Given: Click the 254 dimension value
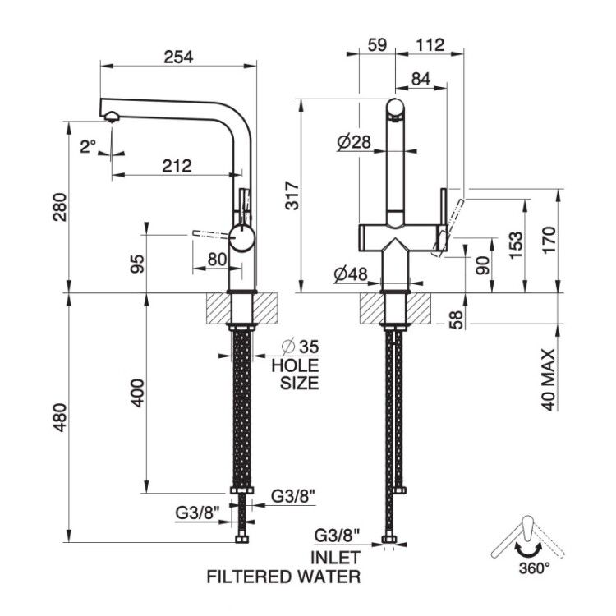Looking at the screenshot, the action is point(178,57).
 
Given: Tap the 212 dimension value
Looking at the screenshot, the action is point(177,166).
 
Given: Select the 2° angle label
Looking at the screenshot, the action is point(88,147).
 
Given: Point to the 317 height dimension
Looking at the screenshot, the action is point(292,195).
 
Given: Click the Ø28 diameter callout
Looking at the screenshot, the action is point(354,142).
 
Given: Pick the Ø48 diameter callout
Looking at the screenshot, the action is point(351,274).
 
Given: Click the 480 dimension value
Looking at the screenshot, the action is point(60,417).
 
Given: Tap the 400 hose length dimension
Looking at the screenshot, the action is point(137,393).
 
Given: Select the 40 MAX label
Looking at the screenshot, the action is point(549,379).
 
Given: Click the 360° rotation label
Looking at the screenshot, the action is point(535,568).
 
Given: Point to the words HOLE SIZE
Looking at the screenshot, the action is point(296,374).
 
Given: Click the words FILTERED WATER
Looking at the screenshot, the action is point(283,577).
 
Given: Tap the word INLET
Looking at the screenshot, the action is point(335,558).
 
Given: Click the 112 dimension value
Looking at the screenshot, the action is point(430,45).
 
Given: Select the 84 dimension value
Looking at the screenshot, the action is point(421,79).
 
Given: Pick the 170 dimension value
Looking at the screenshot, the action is point(549,240).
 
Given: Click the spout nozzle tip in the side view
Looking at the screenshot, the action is point(111,117).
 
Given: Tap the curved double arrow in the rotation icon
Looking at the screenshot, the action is point(528,551).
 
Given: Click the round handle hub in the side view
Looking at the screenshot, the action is point(242,238).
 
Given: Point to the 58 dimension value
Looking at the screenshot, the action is point(457,319).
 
